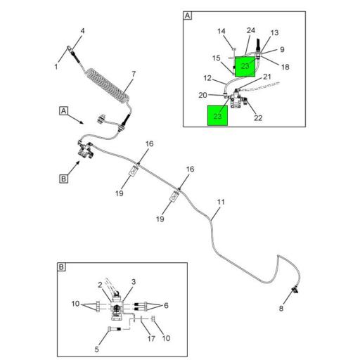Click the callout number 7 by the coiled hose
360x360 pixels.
point(134,75)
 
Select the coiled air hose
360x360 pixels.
point(108,86)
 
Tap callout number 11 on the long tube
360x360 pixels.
point(221,202)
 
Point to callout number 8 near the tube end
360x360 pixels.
point(281,309)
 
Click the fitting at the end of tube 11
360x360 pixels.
point(295,290)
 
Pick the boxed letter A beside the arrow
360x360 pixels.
point(63,111)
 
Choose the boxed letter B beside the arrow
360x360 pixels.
point(63,179)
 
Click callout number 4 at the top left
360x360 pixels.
point(82,31)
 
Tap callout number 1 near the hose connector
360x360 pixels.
point(56,67)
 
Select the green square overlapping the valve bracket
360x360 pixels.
point(245,66)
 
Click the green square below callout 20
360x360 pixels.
point(217,115)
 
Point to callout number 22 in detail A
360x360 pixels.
point(258,117)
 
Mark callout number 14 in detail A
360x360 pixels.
point(221,31)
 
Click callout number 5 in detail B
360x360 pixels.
point(96,349)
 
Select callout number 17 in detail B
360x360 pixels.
point(151,338)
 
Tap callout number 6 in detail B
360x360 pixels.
point(166,305)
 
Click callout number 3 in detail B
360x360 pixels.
point(134,282)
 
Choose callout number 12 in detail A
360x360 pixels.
point(207,78)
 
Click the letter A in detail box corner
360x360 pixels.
point(188,15)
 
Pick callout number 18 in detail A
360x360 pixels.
point(285,67)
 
